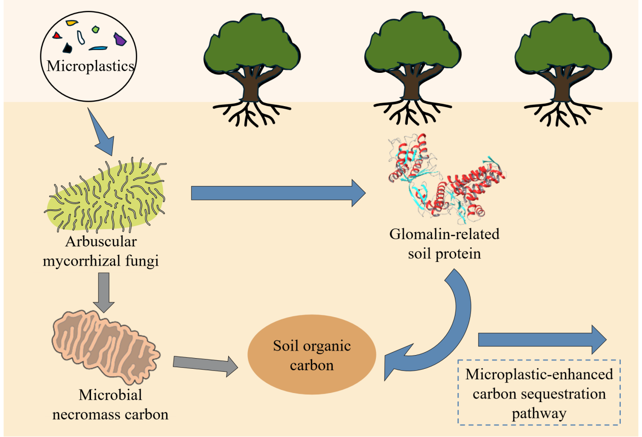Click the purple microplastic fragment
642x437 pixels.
click(120, 39)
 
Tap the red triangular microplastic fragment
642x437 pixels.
click(58, 35)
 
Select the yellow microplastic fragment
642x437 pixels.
click(73, 23)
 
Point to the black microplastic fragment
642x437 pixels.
click(67, 48)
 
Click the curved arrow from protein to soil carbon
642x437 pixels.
click(445, 329)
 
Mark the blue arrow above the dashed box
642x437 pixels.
click(541, 339)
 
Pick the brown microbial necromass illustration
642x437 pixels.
click(106, 344)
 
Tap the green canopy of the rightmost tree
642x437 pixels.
click(562, 46)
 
